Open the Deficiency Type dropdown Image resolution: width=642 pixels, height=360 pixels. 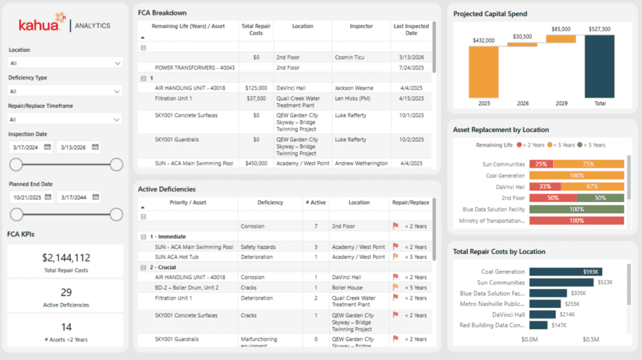tap(65, 92)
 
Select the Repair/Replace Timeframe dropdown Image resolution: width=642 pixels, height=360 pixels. tap(65, 119)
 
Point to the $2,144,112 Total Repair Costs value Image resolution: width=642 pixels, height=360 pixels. tap(66, 258)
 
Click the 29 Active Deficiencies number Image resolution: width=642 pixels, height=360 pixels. tap(66, 292)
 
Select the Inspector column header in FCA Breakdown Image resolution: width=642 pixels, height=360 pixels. tap(361, 26)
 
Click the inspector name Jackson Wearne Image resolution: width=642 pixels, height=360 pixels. tap(354, 88)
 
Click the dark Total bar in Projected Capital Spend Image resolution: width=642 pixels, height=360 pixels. tap(599, 66)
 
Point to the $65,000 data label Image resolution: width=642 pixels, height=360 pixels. tap(560, 29)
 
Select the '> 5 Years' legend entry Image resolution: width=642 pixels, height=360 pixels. tap(591, 145)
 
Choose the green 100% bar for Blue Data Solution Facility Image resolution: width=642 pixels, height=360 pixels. tap(577, 209)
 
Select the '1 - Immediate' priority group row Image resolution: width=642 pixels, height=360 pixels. tap(167, 236)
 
